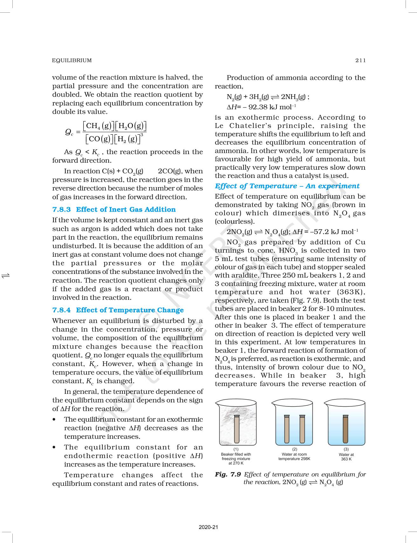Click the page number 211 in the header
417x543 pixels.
[x=361, y=60]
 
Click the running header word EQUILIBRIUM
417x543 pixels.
[x=72, y=60]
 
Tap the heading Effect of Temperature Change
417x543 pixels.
[x=130, y=310]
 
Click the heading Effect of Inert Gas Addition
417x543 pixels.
[x=126, y=209]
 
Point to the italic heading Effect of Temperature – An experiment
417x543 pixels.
[x=287, y=186]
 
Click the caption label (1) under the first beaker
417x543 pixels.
[x=236, y=449]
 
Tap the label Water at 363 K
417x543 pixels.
[x=346, y=457]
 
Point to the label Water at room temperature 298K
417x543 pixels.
[x=294, y=457]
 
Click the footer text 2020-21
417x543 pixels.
[x=208, y=527]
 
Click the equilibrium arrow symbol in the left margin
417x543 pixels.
[x=6, y=275]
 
